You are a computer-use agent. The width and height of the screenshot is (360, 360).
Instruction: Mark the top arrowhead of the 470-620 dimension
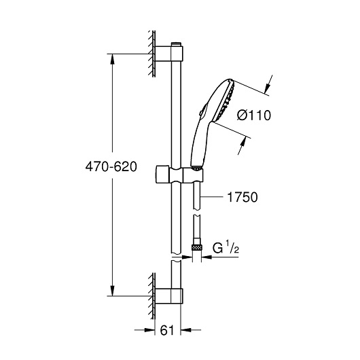[x=111, y=58]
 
